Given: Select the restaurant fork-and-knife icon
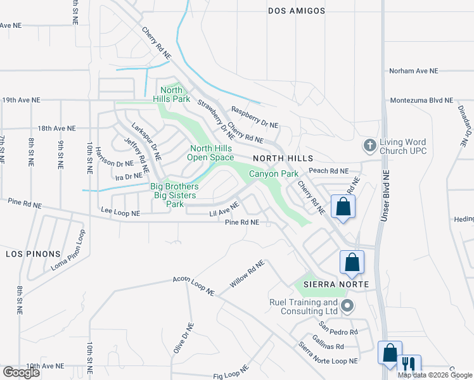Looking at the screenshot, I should pos(409,364).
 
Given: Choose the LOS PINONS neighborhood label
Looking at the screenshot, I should pos(29,253).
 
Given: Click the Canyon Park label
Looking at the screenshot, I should pos(273,173).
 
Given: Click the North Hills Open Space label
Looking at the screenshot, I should pos(212,153).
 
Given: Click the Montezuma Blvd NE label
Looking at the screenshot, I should pos(422,100).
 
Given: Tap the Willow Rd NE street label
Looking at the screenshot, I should pos(247,274).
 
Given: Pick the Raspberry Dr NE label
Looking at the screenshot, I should pos(255,116).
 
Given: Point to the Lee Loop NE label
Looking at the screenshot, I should pos(120,213).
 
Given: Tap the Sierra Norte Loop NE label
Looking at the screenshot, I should pos(328,352).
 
